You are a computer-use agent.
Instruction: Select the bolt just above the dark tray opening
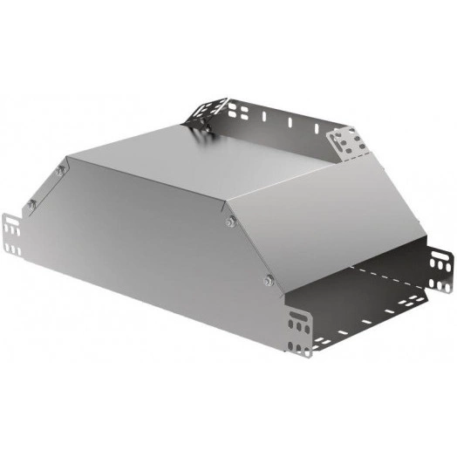268,279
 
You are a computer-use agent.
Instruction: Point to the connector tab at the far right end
442,271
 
